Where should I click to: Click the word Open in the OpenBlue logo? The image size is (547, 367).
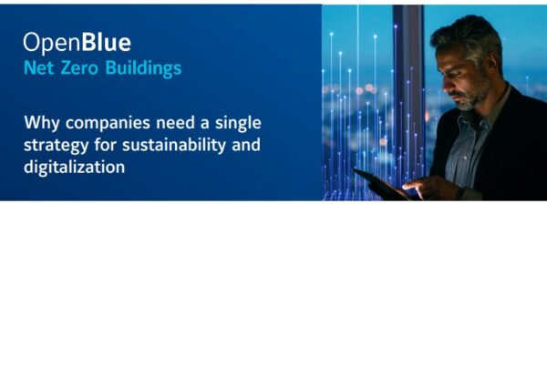(x=52, y=43)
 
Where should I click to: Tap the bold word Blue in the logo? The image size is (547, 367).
(x=106, y=42)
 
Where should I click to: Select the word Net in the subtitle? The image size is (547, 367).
(x=38, y=67)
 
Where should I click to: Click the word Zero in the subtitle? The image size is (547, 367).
(x=79, y=67)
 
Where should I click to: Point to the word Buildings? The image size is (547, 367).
(x=143, y=68)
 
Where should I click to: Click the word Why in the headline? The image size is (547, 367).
(x=42, y=123)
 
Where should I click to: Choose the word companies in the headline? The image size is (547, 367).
(x=108, y=124)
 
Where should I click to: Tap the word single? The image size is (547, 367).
(x=238, y=124)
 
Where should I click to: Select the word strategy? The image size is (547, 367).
(x=56, y=146)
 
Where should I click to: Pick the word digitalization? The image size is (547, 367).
(x=75, y=167)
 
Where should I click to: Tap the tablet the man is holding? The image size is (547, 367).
(x=381, y=184)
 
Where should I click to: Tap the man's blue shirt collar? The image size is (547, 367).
(x=489, y=111)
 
